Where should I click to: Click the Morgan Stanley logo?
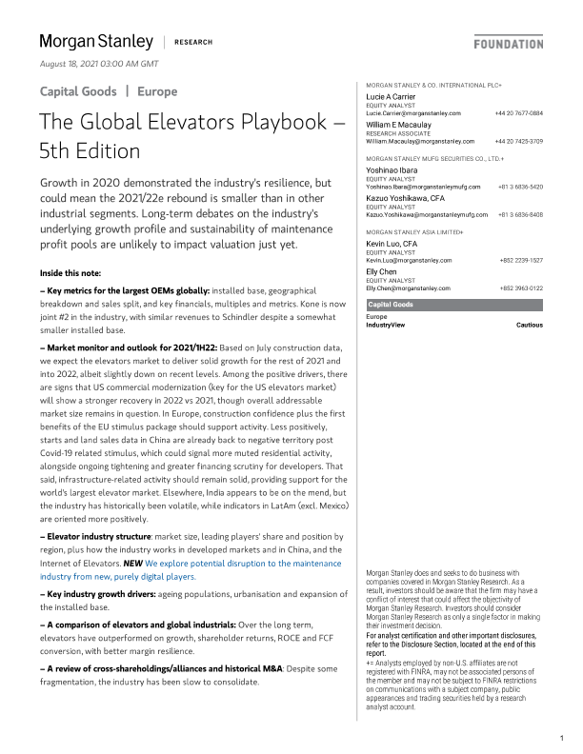(96, 41)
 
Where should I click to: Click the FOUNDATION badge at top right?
(509, 44)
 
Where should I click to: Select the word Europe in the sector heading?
(156, 92)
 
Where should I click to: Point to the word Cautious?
(529, 325)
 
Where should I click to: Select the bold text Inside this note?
(71, 274)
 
